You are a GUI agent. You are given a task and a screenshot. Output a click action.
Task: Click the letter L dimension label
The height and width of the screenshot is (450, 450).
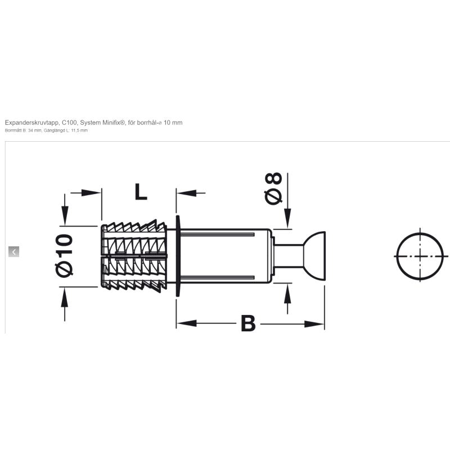[141, 191]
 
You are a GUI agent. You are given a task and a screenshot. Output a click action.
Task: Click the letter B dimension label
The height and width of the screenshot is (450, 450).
[248, 323]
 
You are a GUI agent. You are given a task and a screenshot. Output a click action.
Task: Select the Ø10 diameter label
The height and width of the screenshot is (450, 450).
[64, 256]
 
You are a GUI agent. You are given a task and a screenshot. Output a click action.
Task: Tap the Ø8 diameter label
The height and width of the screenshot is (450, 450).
[273, 188]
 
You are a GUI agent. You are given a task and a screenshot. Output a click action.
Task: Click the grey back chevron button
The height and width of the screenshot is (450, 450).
[13, 251]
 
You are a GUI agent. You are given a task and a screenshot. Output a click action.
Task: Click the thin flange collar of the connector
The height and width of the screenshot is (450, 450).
[178, 256]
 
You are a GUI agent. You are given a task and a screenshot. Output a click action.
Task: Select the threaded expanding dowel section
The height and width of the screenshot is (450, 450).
[134, 256]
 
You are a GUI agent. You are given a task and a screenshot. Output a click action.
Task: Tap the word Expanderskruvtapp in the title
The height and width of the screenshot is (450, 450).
[33, 123]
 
